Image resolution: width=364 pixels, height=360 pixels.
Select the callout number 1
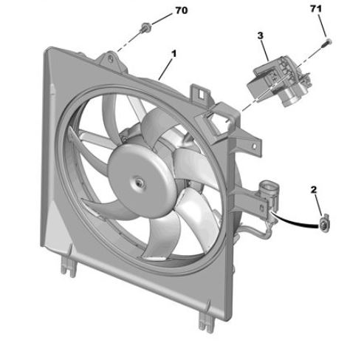coord(174,53)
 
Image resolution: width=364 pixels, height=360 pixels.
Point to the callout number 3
coord(261,35)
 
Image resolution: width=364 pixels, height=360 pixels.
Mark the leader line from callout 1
coord(167,68)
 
